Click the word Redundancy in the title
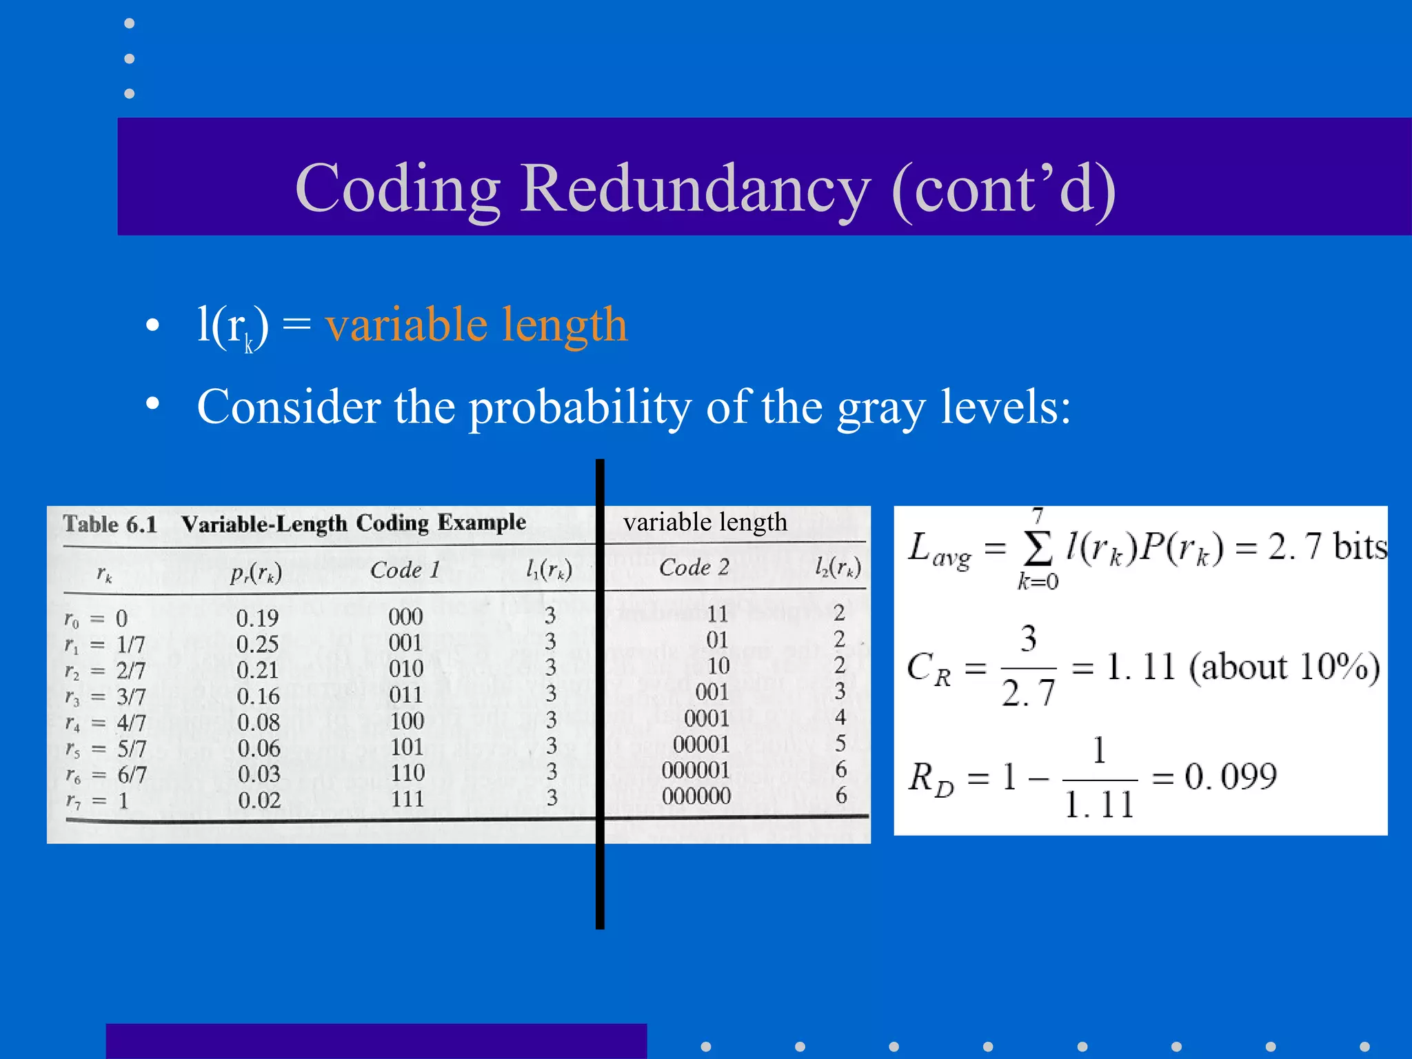point(695,189)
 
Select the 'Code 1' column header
point(405,570)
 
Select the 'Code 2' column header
point(694,567)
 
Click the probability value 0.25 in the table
point(257,644)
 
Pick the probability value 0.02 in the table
point(259,800)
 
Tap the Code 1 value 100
point(407,721)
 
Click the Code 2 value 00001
point(700,745)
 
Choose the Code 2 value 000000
point(696,796)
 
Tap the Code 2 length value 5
point(840,743)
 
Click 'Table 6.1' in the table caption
point(110,525)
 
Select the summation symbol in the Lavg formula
point(1038,548)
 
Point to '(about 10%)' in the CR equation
point(1284,667)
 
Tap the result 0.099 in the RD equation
point(1231,777)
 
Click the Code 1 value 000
point(405,616)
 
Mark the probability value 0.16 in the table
point(258,696)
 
